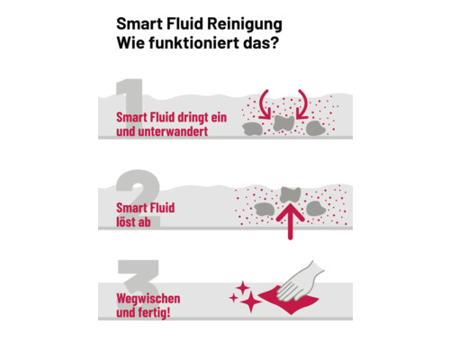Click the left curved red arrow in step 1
point(265,102)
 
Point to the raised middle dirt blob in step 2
point(290,193)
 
